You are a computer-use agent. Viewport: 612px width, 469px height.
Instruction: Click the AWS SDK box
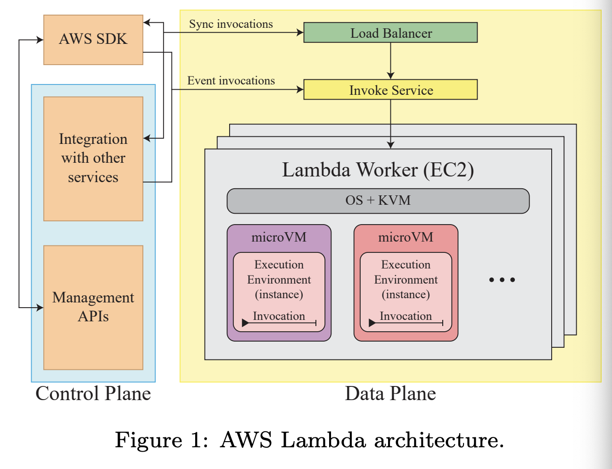[x=93, y=40]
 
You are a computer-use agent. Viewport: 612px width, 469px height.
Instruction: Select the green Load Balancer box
[x=390, y=33]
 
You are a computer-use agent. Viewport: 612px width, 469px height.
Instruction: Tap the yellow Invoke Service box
[x=390, y=90]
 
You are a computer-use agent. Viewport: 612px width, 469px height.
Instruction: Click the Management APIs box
[x=93, y=307]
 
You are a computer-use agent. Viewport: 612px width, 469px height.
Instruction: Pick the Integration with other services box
[x=93, y=159]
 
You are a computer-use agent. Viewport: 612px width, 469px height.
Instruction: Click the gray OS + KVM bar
[x=378, y=201]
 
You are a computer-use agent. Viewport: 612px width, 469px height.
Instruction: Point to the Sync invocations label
[x=231, y=24]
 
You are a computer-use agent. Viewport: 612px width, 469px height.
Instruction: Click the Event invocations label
[x=231, y=81]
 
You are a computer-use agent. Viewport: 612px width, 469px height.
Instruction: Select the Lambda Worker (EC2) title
[x=378, y=170]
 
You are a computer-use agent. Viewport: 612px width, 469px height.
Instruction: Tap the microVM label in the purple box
[x=279, y=237]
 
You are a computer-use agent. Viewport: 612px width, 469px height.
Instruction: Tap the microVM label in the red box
[x=405, y=237]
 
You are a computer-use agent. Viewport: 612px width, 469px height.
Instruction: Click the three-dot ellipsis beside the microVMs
[x=502, y=280]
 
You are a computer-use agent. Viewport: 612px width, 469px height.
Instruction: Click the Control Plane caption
[x=93, y=394]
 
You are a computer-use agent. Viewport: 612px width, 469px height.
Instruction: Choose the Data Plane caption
[x=390, y=394]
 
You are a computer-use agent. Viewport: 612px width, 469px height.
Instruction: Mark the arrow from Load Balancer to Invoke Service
[x=390, y=61]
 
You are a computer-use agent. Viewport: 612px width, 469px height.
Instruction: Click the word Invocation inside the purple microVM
[x=279, y=316]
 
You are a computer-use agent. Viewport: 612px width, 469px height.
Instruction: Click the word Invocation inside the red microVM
[x=405, y=316]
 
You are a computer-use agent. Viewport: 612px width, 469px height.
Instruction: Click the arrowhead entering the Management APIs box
[x=40, y=308]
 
